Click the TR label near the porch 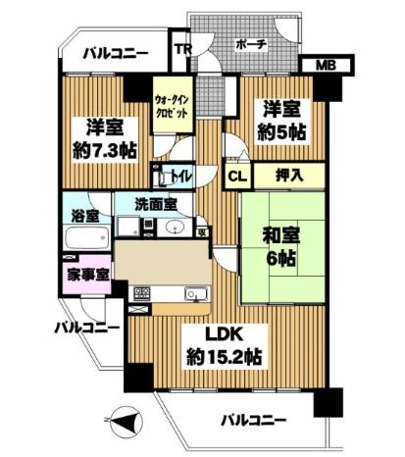[x=182, y=49]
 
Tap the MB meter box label [x=326, y=66]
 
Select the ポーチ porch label [x=252, y=44]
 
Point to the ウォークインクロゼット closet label [x=172, y=106]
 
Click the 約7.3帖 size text [x=104, y=150]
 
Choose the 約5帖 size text [x=281, y=132]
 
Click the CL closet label [x=237, y=177]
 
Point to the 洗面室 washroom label [x=156, y=204]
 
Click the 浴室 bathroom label [x=85, y=216]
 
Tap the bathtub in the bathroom [x=87, y=238]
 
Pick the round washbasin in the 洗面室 [x=175, y=228]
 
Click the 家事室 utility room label [x=88, y=275]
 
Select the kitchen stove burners [x=141, y=293]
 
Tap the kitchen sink [x=197, y=293]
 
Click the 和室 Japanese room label [x=281, y=235]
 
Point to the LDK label [x=224, y=336]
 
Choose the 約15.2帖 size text [x=224, y=356]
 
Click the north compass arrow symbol [x=126, y=420]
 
